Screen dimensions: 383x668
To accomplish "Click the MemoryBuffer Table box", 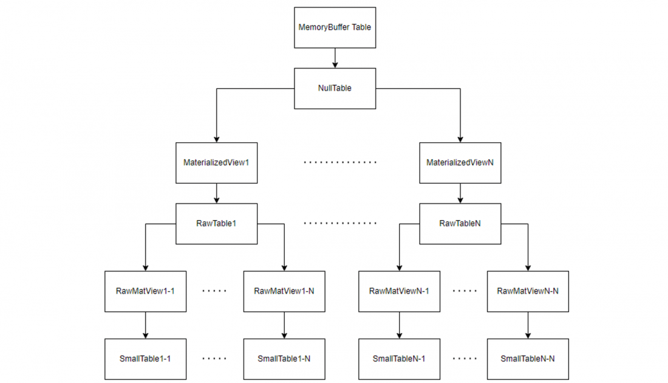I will tap(335, 28).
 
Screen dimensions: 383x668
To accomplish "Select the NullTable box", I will tap(335, 88).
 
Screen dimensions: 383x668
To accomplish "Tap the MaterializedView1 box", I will tap(216, 163).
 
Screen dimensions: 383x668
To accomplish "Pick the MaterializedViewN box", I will tap(460, 163).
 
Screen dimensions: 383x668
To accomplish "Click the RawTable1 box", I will tap(216, 223).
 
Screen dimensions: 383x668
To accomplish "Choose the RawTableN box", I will tap(460, 223).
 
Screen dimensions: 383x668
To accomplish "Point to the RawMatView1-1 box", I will tap(145, 291).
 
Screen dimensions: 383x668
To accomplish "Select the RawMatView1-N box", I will tap(284, 291).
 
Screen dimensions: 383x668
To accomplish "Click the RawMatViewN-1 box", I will tap(399, 291).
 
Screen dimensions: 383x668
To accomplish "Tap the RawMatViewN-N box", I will tap(528, 291).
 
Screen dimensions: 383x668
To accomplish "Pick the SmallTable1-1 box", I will tap(145, 359).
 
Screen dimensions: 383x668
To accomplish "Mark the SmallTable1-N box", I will tap(284, 359).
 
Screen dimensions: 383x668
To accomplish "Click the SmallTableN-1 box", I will tap(399, 359).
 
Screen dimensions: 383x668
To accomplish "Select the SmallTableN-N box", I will tap(528, 359).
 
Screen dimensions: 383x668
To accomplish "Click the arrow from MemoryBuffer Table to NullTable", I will tap(335, 58).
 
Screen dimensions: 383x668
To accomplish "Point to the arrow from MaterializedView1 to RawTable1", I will tap(216, 193).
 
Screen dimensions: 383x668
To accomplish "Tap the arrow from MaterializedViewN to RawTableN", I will tap(460, 193).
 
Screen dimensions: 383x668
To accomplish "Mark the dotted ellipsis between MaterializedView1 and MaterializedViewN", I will tap(340, 163).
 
